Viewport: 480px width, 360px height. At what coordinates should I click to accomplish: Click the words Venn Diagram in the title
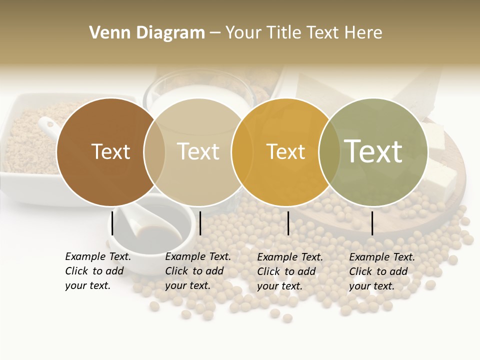coord(147,32)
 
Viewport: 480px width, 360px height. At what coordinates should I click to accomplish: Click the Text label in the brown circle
coord(110,151)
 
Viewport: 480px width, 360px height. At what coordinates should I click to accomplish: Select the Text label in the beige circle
coord(198,151)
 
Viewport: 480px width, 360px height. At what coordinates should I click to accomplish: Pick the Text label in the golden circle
coord(285,151)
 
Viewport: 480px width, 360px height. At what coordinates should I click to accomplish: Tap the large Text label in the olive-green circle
coord(373,151)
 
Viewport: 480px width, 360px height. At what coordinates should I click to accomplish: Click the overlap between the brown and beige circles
coord(154,151)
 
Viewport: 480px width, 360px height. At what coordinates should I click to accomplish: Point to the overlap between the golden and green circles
coord(329,151)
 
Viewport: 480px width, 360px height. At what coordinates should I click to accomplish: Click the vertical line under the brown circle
coord(112,223)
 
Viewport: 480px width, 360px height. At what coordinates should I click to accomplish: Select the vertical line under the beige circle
coord(200,223)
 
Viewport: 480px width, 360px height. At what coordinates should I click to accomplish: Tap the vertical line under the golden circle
coord(288,223)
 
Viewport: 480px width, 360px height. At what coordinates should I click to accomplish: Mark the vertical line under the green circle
coord(372,223)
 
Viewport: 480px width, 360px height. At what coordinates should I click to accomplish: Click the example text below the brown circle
coord(98,271)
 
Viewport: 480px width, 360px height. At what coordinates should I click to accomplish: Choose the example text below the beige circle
coord(198,271)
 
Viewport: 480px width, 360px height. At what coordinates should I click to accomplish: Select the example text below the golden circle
coord(290,271)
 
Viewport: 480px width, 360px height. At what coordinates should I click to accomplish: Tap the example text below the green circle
coord(382,271)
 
